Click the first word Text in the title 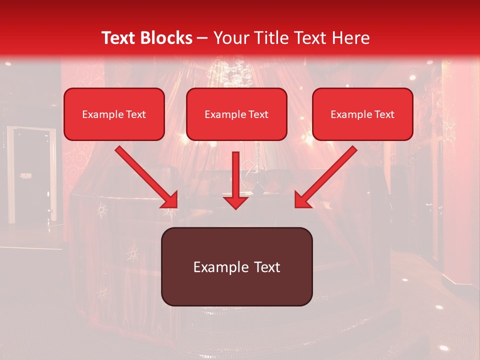(120, 38)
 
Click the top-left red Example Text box (114, 114)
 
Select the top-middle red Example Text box (236, 114)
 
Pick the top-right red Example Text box (362, 114)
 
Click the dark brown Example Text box (236, 266)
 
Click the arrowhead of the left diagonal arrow (170, 200)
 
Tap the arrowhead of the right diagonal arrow (302, 200)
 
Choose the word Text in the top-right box (384, 114)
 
